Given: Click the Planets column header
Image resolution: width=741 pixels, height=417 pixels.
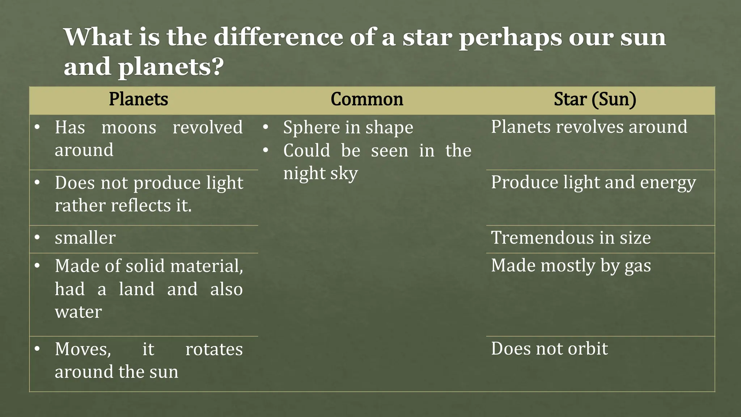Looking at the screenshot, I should point(139,99).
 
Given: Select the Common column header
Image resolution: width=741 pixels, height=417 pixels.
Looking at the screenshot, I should point(367,99).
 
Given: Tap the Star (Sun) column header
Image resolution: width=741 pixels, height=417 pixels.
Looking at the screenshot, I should point(595,99).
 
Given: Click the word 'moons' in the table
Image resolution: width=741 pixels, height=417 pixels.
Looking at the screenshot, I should point(129,127).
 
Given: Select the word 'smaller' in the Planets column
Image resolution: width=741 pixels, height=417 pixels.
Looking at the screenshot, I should point(85,238).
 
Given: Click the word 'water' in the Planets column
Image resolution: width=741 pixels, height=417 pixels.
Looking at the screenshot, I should point(78,312).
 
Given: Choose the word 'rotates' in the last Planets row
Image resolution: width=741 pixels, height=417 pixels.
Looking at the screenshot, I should point(214,349).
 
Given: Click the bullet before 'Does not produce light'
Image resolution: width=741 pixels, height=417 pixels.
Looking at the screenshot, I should point(37,182).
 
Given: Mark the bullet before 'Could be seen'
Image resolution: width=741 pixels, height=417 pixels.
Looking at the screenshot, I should point(265,150).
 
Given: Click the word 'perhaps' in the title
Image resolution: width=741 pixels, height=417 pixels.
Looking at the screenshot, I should point(511,38).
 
